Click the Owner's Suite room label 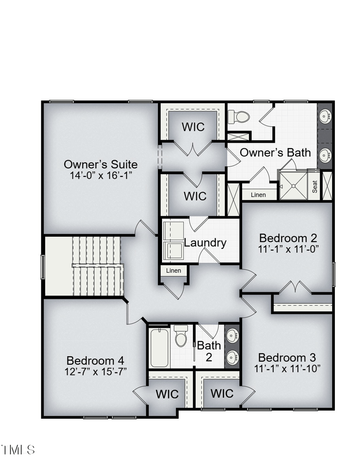tap(100, 164)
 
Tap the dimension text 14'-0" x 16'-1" tap(100, 175)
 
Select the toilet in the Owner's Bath tap(238, 117)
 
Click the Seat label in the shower tap(315, 186)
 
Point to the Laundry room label tap(205, 243)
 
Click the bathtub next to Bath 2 tap(160, 348)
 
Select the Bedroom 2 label tap(288, 238)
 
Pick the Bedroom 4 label tap(95, 361)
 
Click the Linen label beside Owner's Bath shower tap(258, 195)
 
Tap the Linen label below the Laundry tap(174, 271)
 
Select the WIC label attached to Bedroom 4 tap(167, 394)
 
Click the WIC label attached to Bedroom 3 tap(222, 394)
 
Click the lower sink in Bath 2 tap(232, 358)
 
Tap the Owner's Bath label tap(275, 152)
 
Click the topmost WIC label tap(193, 127)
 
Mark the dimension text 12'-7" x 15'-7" tap(95, 371)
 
